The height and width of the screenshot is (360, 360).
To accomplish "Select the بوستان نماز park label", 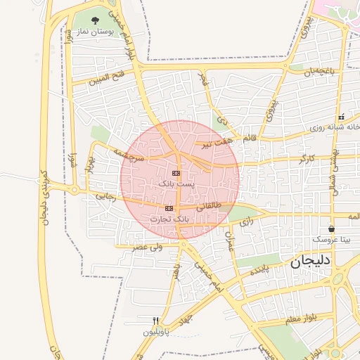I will tap(96, 32).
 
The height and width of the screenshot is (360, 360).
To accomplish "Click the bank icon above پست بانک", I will tap(175, 172).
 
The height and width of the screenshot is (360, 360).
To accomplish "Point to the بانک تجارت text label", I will tap(169, 219).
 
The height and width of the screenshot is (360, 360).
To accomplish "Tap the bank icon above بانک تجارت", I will tap(169, 208).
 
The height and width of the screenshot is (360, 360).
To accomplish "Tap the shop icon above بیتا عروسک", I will tap(331, 229).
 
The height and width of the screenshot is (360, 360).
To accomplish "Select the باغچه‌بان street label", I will tap(324, 71).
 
